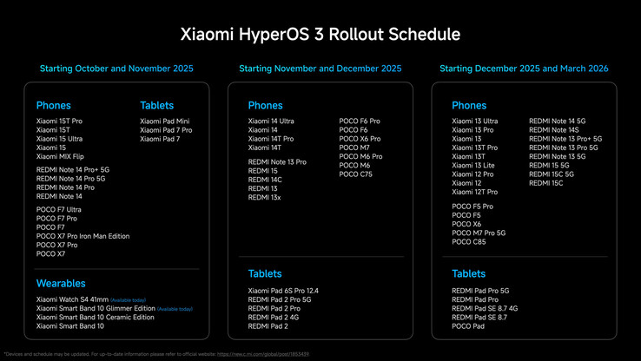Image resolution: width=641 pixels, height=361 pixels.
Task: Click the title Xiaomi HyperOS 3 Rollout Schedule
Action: [320, 34]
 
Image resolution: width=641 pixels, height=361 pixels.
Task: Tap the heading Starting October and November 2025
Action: [116, 68]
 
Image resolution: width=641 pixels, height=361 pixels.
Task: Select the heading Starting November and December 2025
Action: [320, 68]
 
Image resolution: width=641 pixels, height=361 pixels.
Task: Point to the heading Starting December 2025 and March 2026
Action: [524, 68]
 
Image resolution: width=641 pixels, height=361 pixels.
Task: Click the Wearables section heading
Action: [62, 283]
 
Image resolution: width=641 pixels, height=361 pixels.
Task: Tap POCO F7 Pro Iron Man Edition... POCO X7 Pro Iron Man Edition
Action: [83, 236]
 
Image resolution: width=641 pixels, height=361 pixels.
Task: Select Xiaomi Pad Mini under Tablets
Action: [165, 121]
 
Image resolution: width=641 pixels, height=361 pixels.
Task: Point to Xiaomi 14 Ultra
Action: [271, 121]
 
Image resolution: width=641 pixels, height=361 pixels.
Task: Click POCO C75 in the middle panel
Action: [355, 174]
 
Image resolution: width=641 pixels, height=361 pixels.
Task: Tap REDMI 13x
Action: [264, 197]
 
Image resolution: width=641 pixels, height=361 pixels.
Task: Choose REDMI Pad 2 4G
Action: [272, 317]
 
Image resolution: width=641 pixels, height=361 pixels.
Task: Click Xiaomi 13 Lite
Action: [473, 166]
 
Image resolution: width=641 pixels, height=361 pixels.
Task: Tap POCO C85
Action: [470, 242]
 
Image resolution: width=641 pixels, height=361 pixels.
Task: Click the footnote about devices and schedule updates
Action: [156, 354]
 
